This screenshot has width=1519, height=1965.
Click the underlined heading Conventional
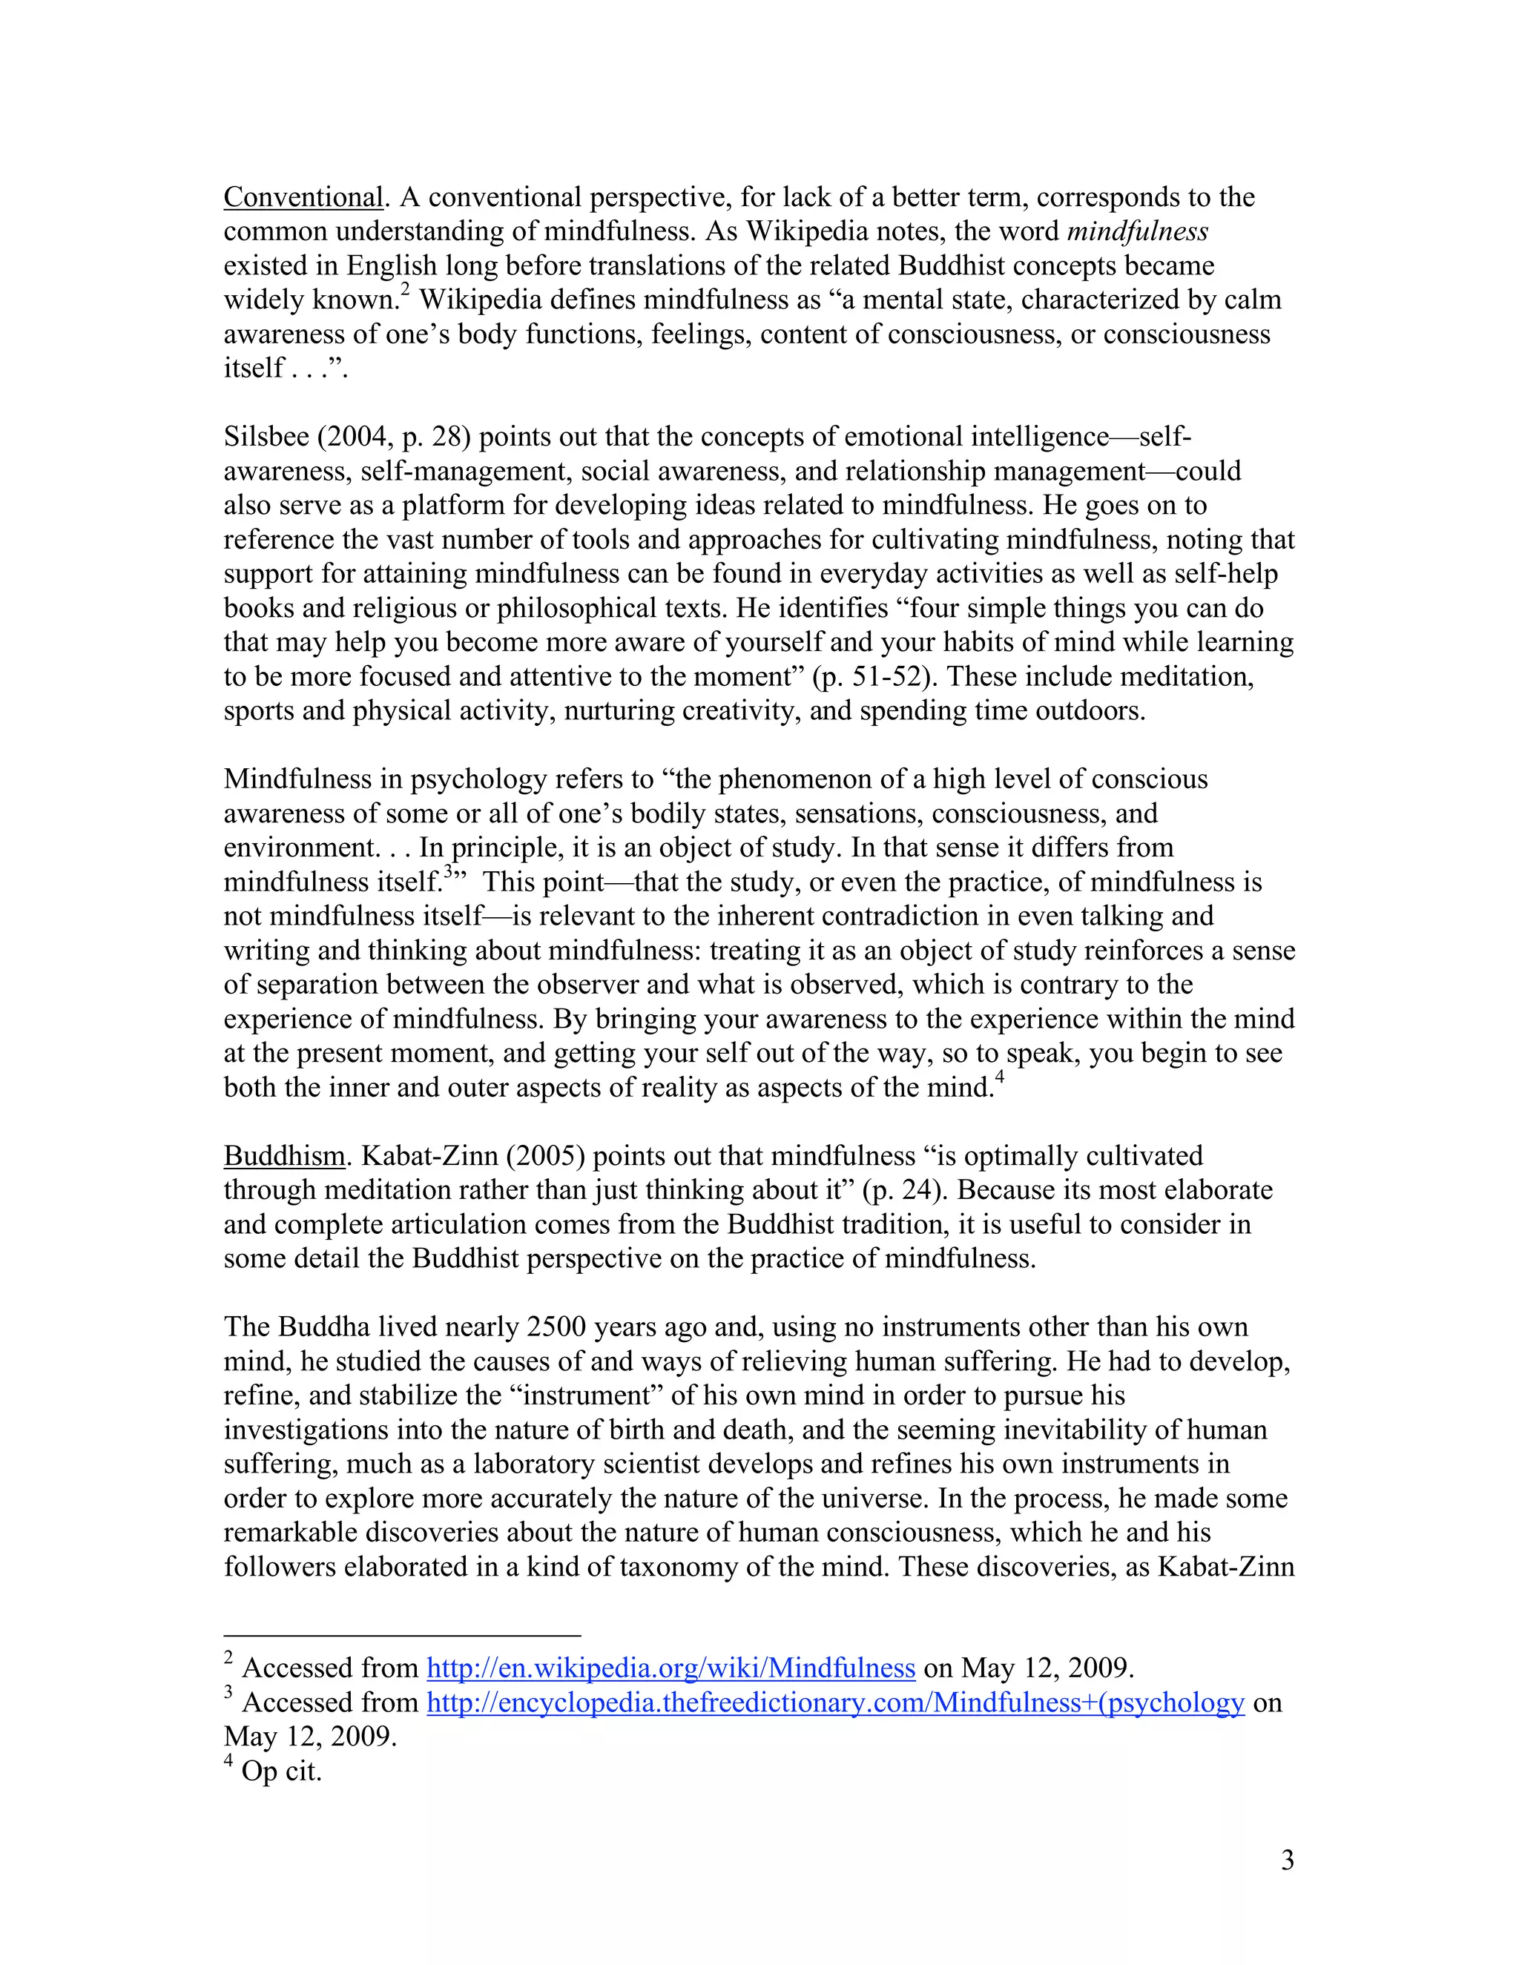pos(303,197)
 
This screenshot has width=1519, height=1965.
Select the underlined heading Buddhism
pos(283,1155)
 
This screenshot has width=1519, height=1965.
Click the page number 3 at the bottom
pos(1287,1860)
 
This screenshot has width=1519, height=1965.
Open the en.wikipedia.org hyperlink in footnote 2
pos(670,1668)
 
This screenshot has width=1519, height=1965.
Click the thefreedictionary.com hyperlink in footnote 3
pos(835,1703)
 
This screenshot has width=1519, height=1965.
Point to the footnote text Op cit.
pos(281,1771)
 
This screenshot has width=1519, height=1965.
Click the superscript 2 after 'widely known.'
pos(405,290)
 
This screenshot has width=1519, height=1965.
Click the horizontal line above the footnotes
pos(402,1635)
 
